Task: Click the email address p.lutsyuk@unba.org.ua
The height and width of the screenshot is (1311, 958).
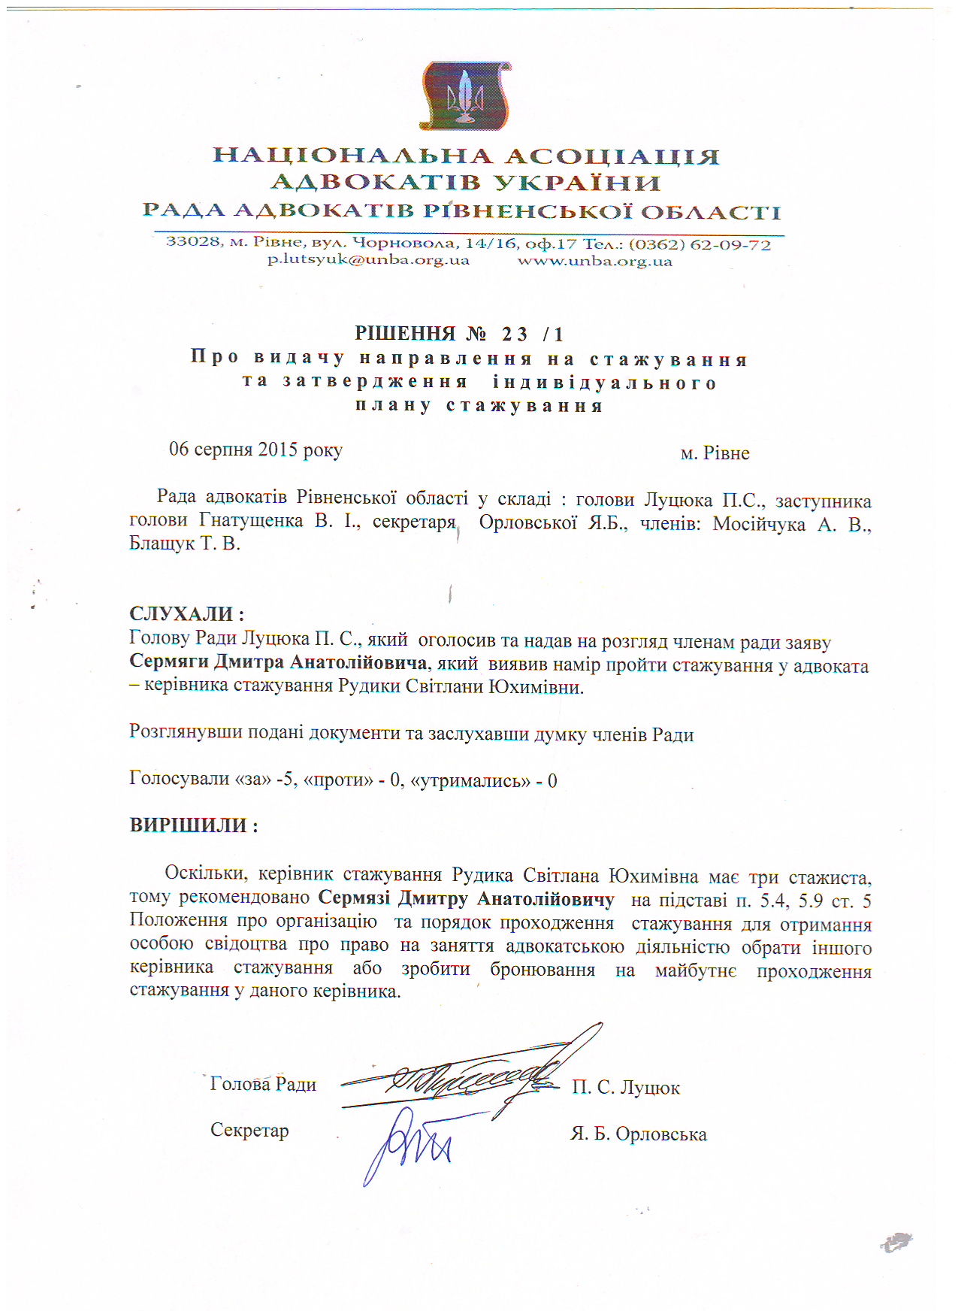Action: [368, 261]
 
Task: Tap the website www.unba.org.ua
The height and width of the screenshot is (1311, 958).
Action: [594, 262]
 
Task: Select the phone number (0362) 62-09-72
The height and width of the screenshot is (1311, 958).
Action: [700, 244]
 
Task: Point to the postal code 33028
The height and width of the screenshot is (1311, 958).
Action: [193, 241]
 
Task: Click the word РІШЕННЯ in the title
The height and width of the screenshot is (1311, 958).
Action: [405, 334]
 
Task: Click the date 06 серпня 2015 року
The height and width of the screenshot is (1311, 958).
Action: [255, 450]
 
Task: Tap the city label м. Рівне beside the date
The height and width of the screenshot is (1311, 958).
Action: [715, 453]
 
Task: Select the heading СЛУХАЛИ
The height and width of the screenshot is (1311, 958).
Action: [186, 614]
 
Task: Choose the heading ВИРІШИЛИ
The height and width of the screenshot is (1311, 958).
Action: [194, 825]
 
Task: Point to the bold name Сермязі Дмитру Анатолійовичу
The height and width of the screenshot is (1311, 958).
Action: [466, 899]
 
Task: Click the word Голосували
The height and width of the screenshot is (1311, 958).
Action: [180, 778]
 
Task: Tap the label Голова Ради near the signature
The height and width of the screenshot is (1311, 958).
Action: [263, 1084]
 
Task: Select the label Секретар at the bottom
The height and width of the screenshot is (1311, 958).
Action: [249, 1131]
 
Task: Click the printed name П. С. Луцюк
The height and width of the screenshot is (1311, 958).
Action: [625, 1088]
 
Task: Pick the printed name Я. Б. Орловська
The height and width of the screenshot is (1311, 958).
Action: [638, 1134]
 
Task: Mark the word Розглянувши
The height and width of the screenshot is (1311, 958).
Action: [178, 732]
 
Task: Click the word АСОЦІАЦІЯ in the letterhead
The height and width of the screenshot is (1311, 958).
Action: [612, 156]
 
